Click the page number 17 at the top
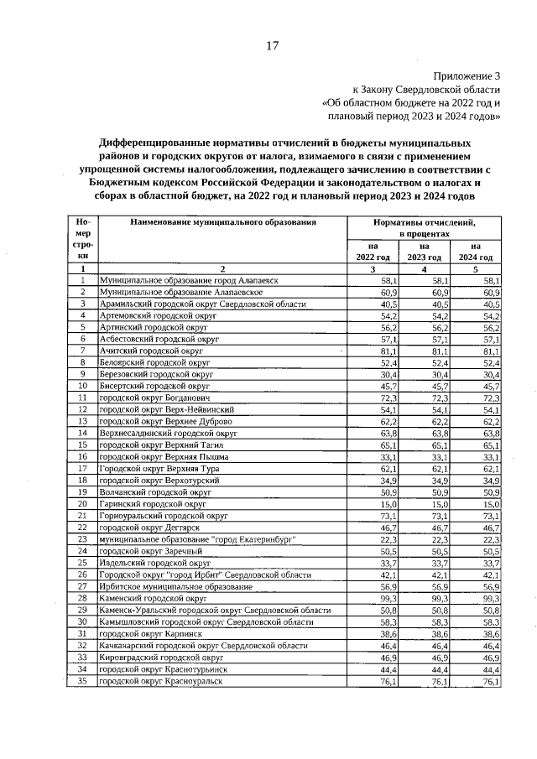coord(272,46)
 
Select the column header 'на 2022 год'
coord(373,251)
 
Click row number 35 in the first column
coord(83,682)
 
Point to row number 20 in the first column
coord(83,504)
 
